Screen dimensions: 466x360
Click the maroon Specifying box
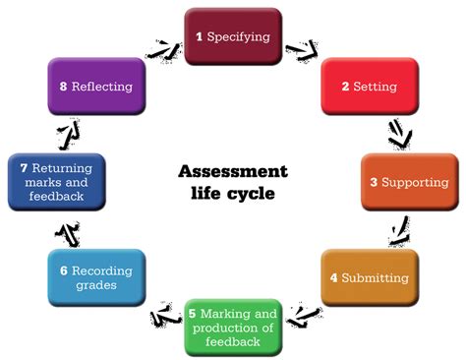233,36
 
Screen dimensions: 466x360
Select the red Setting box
369,86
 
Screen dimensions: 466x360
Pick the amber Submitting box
369,277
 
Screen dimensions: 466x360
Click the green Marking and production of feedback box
234,327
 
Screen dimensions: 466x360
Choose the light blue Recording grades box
96,277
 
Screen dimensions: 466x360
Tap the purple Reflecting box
96,87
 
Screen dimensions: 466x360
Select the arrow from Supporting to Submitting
399,232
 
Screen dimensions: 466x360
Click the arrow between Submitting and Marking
306,315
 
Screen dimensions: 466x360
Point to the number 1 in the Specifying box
199,36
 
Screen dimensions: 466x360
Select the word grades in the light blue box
96,286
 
